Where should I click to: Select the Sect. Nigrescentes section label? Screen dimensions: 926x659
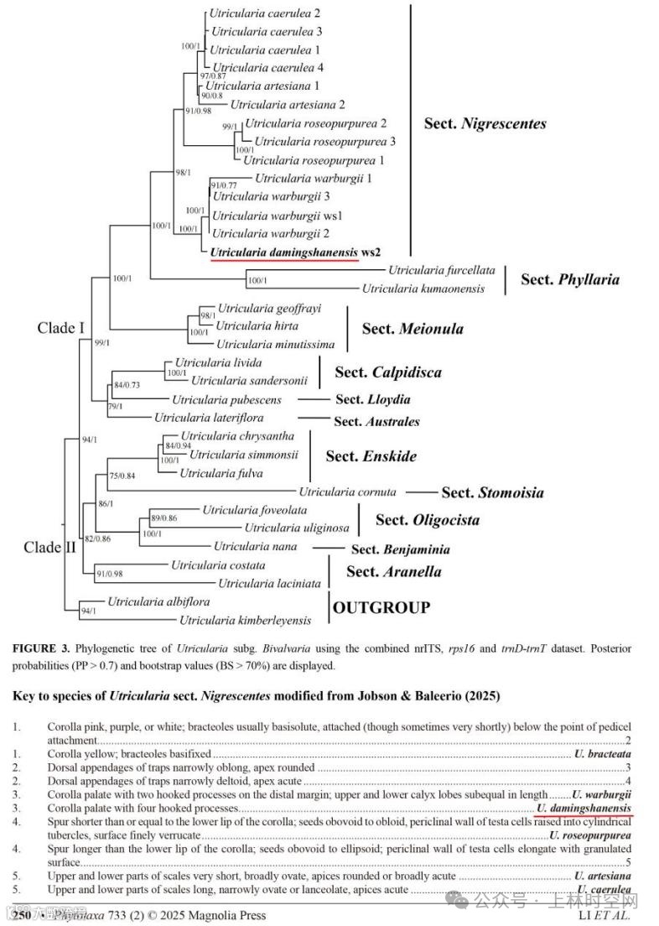coord(485,123)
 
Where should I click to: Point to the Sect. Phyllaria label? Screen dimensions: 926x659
coord(570,278)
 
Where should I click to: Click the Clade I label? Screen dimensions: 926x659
coord(61,328)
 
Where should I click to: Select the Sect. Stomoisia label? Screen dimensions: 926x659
coord(493,492)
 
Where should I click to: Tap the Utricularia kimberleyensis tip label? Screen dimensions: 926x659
coord(245,621)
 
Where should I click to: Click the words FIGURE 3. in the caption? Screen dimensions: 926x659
coord(42,649)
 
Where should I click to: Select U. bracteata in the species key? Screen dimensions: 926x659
coord(602,754)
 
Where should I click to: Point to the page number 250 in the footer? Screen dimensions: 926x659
coord(22,916)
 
